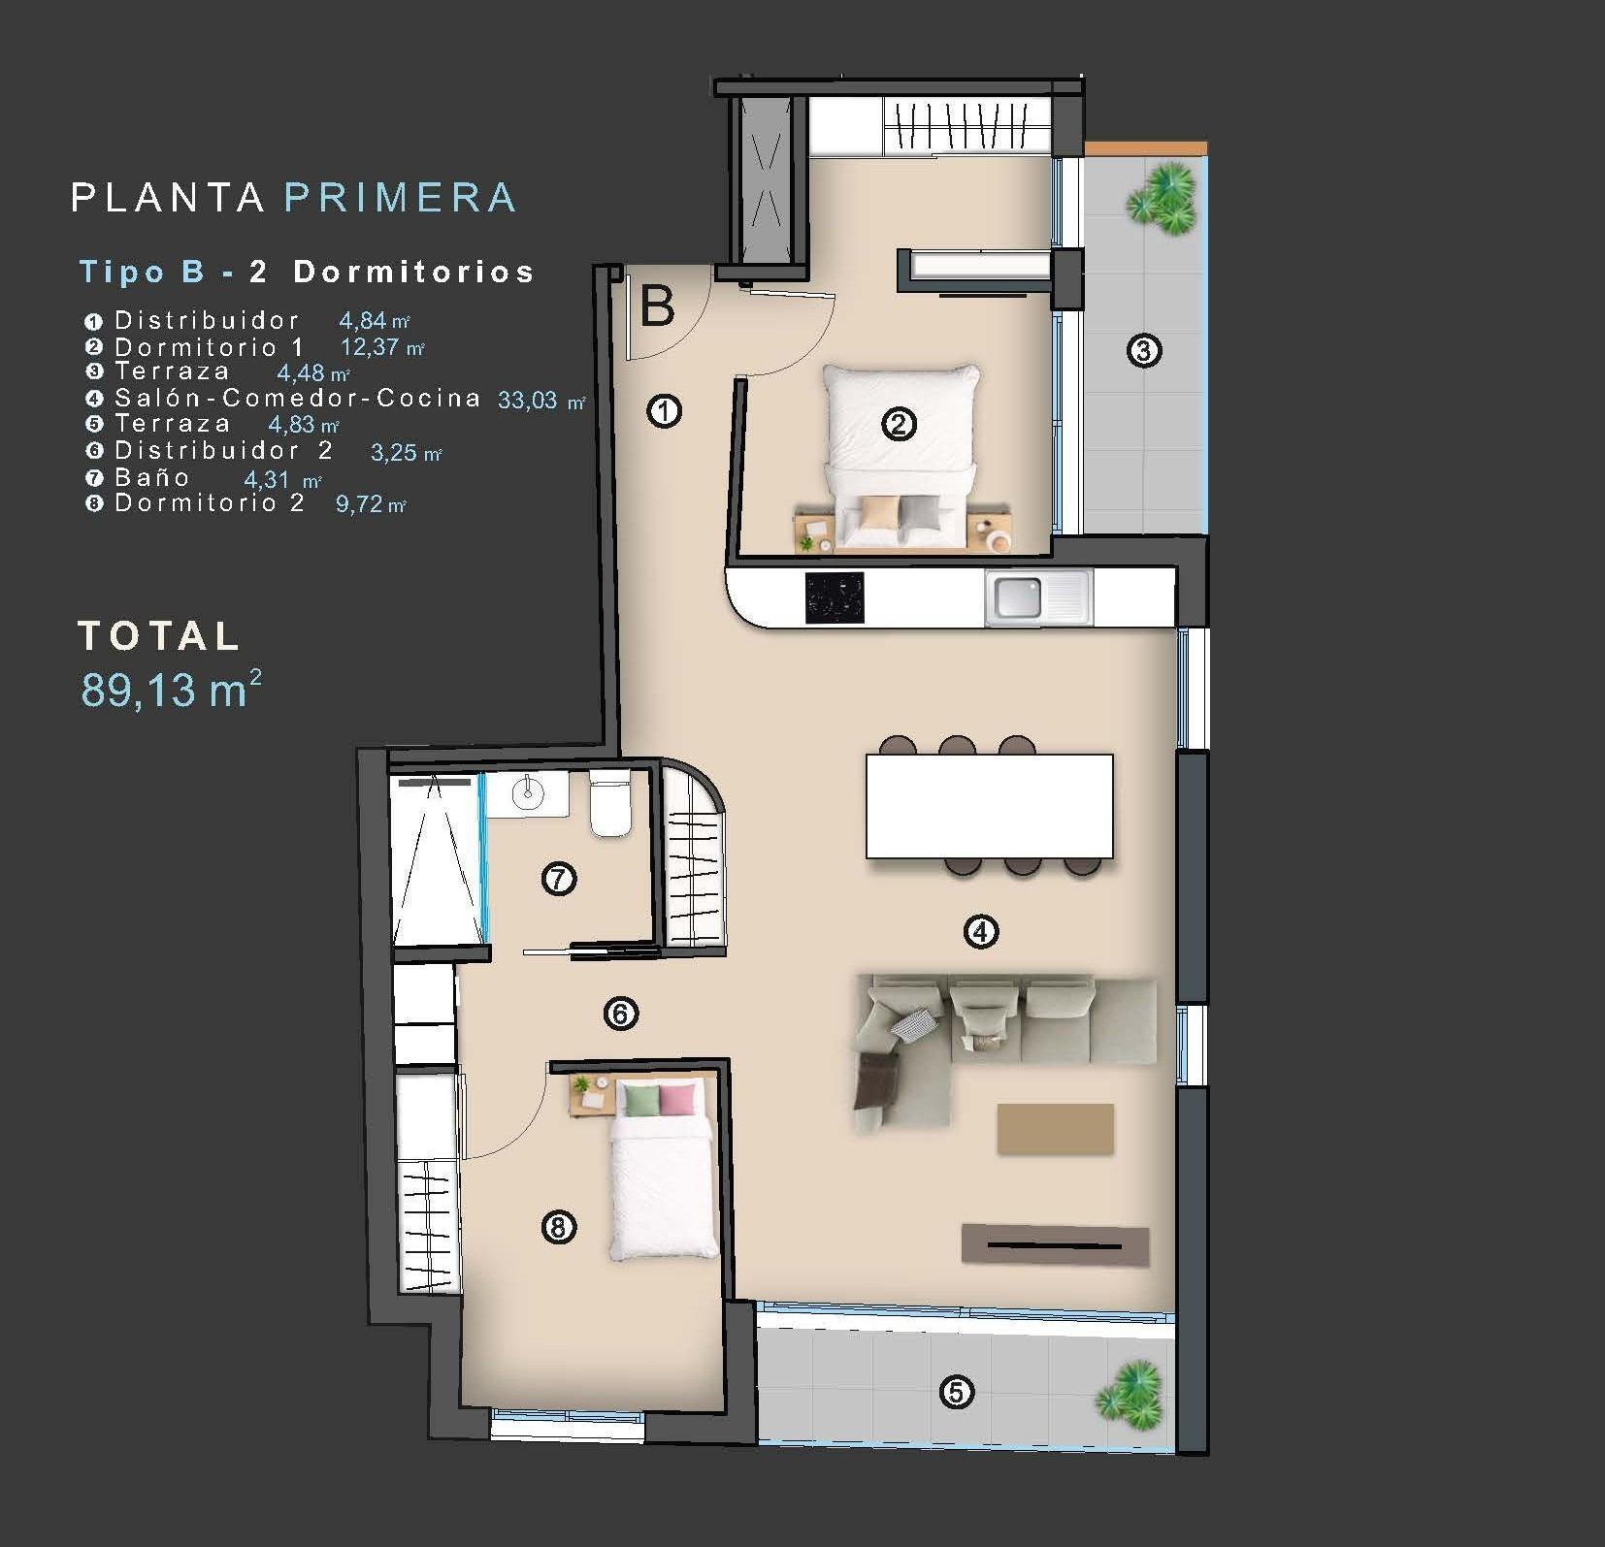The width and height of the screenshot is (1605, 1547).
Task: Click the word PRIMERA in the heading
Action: (x=400, y=197)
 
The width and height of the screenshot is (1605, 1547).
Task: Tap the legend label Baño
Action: (x=152, y=477)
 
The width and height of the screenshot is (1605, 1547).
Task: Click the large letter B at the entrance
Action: (x=658, y=306)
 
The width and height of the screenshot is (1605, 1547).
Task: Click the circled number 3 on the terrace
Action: (x=1143, y=350)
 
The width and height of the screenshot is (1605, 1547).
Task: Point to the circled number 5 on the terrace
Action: (x=956, y=1393)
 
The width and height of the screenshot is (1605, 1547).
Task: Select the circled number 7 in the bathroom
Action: (x=559, y=879)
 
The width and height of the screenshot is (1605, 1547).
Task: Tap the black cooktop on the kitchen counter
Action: (x=834, y=597)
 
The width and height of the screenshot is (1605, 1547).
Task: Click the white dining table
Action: (x=989, y=806)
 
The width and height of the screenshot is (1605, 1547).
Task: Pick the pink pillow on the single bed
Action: (x=676, y=1099)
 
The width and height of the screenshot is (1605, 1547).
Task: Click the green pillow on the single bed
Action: (x=640, y=1099)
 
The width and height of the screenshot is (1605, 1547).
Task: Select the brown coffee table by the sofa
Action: (x=1055, y=1128)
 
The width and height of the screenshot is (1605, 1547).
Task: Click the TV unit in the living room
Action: (x=1055, y=1243)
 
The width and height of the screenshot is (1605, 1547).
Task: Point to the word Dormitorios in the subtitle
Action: (x=414, y=272)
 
